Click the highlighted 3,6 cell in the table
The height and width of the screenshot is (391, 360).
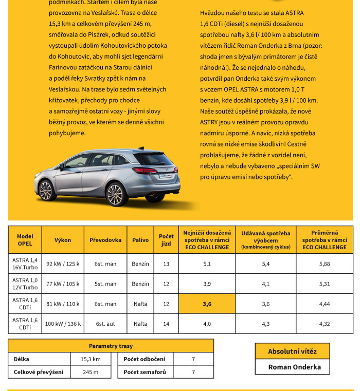(207, 304)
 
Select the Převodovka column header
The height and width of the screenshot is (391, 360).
(105, 240)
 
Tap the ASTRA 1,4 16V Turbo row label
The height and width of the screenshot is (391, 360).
(25, 264)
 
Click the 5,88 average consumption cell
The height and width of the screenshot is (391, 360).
(324, 264)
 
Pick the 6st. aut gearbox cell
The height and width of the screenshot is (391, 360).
(105, 324)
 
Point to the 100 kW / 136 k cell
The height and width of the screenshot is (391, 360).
(63, 324)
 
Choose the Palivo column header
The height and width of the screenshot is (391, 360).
(140, 240)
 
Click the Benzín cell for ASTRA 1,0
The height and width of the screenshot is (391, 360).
(140, 284)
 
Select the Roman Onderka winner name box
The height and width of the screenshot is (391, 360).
(292, 367)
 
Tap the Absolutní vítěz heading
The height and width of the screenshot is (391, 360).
(292, 351)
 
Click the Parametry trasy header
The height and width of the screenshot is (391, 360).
(111, 346)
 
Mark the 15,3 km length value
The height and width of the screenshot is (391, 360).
(91, 359)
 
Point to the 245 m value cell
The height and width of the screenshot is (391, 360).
(91, 372)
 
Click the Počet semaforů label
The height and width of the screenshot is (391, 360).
(145, 372)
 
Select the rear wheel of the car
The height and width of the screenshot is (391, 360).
(115, 194)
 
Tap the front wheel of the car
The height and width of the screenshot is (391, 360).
(46, 191)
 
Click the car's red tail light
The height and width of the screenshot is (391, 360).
(145, 170)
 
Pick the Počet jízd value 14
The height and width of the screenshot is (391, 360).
(166, 324)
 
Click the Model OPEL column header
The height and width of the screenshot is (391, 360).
(25, 240)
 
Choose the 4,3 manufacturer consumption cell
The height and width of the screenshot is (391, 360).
(266, 324)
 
